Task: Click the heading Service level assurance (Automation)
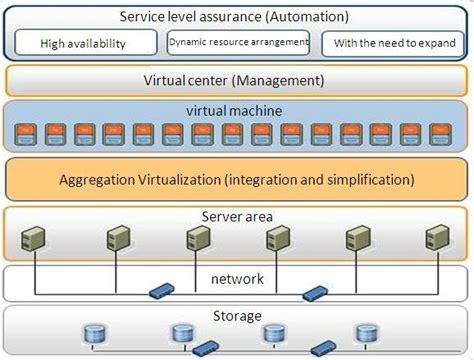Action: coord(234,16)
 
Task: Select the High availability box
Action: coord(86,43)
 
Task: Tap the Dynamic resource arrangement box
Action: coord(237,42)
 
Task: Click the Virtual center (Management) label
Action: coord(234,80)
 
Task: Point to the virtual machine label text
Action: coord(235,110)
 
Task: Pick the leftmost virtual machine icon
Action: coord(27,131)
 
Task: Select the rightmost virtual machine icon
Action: coord(440,131)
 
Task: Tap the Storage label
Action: coord(236,314)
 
